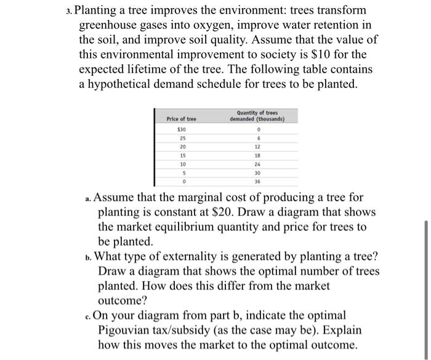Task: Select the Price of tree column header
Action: tap(182, 118)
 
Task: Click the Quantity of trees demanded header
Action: tap(257, 116)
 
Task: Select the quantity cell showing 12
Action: tap(257, 148)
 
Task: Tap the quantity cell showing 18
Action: tap(257, 156)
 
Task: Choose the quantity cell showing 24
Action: tap(257, 165)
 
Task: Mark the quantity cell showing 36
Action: tap(257, 182)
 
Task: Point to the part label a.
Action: tap(89, 199)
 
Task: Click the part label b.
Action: tap(89, 257)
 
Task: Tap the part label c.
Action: tap(89, 316)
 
